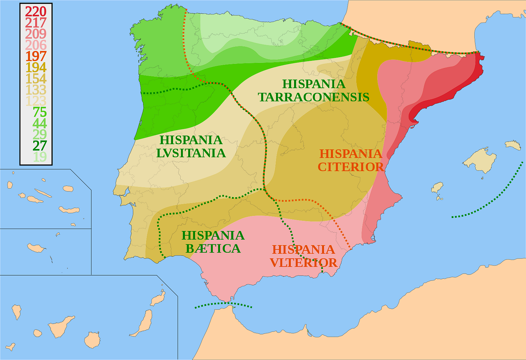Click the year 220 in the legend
coord(36,12)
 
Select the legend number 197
coord(36,56)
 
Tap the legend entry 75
coord(40,112)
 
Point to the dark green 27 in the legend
coord(40,146)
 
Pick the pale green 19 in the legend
coord(40,157)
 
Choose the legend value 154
coord(36,79)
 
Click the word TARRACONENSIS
coord(314,97)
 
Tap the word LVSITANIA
coord(191,153)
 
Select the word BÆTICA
coord(213,249)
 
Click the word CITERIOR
coord(350,167)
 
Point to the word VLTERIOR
coord(303,263)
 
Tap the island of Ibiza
coord(437,188)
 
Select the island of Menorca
coord(513,145)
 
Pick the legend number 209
coord(36,34)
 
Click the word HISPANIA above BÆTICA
coord(213,235)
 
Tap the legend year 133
coord(36,90)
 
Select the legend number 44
coord(40,123)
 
